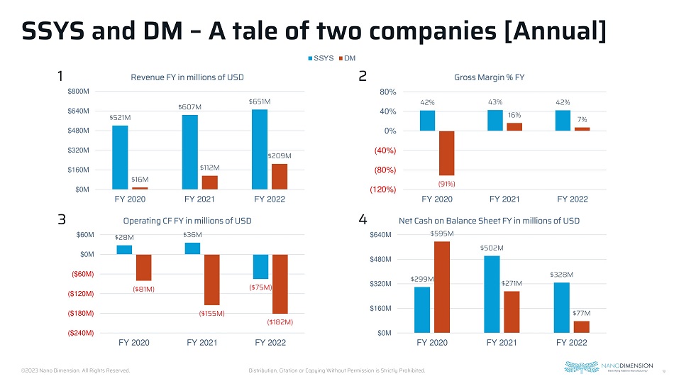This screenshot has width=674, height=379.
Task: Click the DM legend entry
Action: pos(349,57)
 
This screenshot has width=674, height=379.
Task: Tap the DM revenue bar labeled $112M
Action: pos(209,182)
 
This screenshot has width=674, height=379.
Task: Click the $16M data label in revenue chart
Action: pos(140,180)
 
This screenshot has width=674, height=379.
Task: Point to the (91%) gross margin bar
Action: pos(446,153)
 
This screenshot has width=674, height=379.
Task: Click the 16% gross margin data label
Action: pos(514,115)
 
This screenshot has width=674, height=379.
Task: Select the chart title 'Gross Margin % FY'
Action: pos(488,77)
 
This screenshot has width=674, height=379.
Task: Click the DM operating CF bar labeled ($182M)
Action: pos(280,284)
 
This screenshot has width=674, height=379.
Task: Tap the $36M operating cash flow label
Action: pos(192,235)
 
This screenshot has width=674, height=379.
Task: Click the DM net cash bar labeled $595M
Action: pos(442,287)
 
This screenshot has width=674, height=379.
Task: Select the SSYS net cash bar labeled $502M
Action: pos(492,294)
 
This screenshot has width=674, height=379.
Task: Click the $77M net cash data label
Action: pos(582,313)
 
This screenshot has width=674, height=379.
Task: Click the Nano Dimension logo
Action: pos(608,368)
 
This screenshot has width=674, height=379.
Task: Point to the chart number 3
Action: pos(62,221)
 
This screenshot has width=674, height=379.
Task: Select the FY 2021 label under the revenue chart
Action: pos(199,199)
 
